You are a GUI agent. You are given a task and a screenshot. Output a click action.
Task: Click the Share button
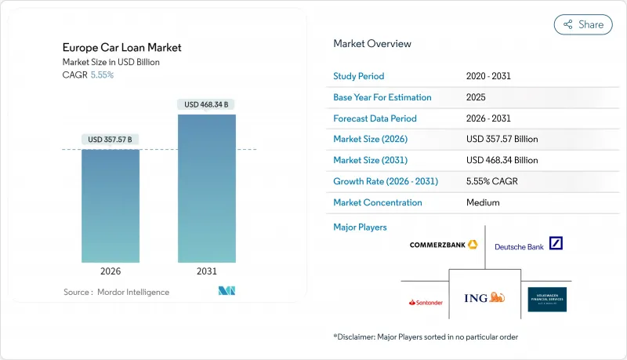click(x=583, y=24)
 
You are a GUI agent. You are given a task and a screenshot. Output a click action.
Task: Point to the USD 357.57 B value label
click(x=111, y=140)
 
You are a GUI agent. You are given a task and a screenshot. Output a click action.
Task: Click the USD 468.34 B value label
click(x=207, y=104)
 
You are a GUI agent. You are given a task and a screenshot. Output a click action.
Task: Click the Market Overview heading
click(x=372, y=44)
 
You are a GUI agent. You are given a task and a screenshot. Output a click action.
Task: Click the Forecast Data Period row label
click(x=375, y=118)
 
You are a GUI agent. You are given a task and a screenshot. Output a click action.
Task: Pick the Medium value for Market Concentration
click(x=482, y=202)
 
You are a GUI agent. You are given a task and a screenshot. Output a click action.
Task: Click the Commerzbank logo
click(x=444, y=245)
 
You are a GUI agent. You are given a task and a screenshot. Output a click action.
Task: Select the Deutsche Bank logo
click(x=529, y=245)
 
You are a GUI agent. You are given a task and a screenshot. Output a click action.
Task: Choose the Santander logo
click(x=426, y=302)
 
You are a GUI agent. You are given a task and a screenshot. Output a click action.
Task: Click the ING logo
click(x=484, y=298)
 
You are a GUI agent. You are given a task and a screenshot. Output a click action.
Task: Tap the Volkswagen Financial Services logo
click(x=546, y=300)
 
